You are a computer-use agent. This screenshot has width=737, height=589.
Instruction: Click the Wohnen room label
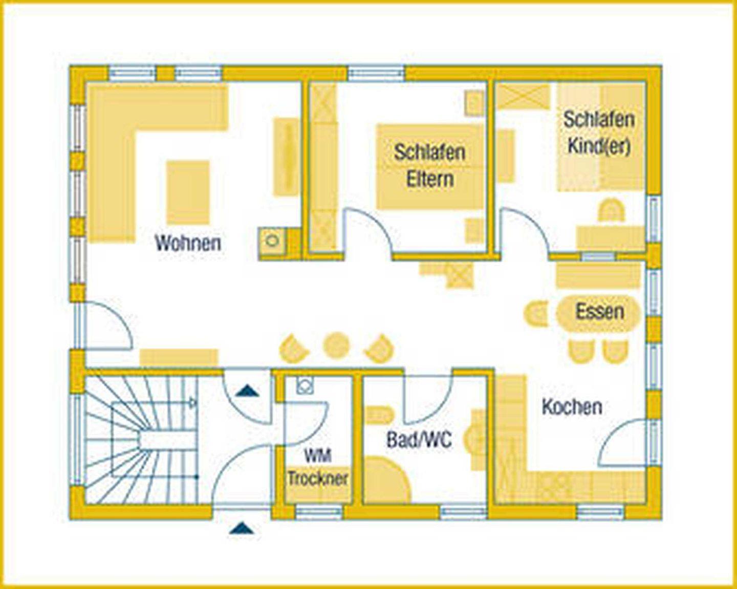pyautogui.click(x=188, y=243)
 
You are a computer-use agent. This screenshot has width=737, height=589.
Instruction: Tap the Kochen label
pyautogui.click(x=572, y=407)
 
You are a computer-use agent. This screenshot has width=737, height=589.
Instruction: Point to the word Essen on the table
pyautogui.click(x=600, y=312)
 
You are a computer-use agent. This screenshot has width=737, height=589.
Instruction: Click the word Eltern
pyautogui.click(x=430, y=179)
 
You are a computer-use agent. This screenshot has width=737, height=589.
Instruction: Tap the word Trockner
pyautogui.click(x=318, y=478)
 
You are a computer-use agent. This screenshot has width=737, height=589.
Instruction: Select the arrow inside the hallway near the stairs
pyautogui.click(x=247, y=390)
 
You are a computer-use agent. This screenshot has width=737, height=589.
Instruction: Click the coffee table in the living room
pyautogui.click(x=188, y=192)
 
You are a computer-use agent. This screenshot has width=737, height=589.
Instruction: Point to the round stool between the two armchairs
pyautogui.click(x=336, y=344)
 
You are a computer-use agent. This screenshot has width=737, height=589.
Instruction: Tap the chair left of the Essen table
pyautogui.click(x=536, y=313)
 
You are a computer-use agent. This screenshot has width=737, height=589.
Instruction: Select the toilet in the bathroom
pyautogui.click(x=379, y=416)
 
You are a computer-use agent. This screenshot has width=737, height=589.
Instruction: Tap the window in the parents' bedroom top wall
pyautogui.click(x=376, y=74)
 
